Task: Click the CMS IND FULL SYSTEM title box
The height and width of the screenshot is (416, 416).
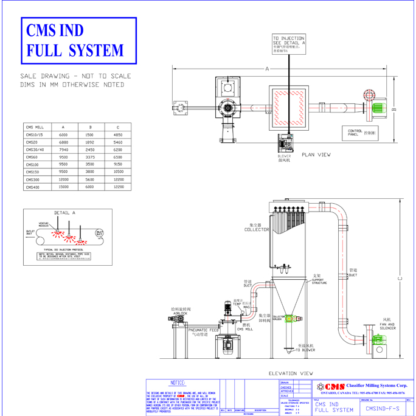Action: pos(79,40)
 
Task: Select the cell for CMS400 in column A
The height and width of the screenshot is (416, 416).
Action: pos(63,187)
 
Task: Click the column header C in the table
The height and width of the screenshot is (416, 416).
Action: pos(118,127)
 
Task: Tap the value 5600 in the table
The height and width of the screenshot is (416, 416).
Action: pos(89,179)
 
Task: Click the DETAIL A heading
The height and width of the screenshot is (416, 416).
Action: pos(65,213)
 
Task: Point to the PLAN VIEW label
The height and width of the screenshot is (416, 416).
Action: pos(316,154)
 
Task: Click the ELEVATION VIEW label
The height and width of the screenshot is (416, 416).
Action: pos(291,373)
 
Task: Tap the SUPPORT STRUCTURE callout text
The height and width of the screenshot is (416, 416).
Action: pos(319,279)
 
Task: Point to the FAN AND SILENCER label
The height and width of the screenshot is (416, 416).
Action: pos(387,324)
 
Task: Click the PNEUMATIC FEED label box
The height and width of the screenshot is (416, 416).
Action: pos(203,331)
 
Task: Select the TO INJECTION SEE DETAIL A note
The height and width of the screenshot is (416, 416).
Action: pos(289,44)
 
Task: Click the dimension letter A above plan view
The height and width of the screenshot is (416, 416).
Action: pos(267,69)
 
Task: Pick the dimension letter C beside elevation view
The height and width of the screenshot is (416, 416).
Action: pos(400,279)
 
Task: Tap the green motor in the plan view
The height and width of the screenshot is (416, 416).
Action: pos(377,108)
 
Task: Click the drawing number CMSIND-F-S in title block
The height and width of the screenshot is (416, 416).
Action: pos(382,409)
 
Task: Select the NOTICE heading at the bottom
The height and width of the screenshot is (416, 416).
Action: pos(178,383)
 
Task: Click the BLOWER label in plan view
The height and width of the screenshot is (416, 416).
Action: pos(284,158)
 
